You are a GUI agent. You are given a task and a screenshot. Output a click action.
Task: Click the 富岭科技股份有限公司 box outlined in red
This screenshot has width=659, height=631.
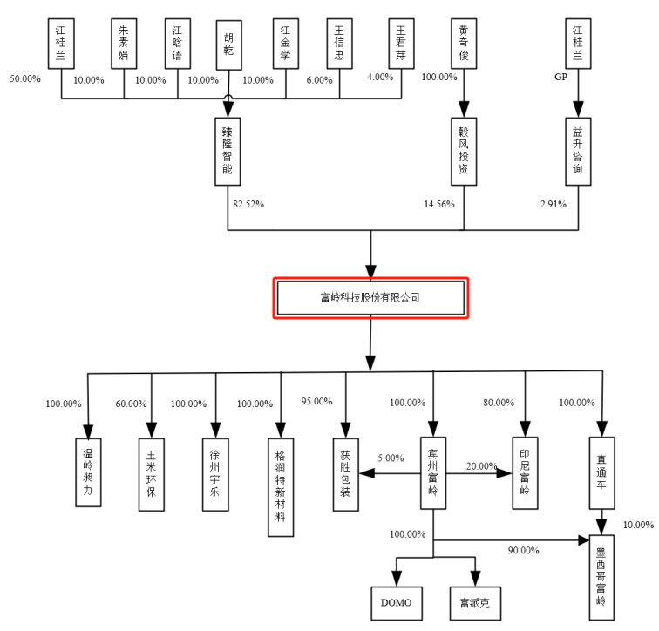[x=372, y=298]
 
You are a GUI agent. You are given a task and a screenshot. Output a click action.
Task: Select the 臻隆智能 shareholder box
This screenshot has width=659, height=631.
[x=228, y=151]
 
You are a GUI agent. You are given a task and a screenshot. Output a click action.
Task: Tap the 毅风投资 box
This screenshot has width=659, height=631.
[x=463, y=151]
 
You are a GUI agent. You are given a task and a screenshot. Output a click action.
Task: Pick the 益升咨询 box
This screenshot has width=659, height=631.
[x=576, y=151]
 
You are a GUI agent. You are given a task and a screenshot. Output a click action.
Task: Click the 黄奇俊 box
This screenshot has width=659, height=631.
[x=463, y=43]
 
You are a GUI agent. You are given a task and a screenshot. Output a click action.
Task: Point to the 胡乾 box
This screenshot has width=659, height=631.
[x=228, y=43]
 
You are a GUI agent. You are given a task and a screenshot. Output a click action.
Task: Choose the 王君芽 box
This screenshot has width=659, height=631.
[x=402, y=43]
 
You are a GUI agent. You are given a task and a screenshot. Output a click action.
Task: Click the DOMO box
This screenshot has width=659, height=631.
[x=397, y=601]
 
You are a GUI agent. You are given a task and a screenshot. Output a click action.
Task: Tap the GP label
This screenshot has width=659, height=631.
[x=561, y=78]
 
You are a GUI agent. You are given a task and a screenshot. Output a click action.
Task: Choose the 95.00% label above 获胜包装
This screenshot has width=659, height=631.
[x=317, y=401]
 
